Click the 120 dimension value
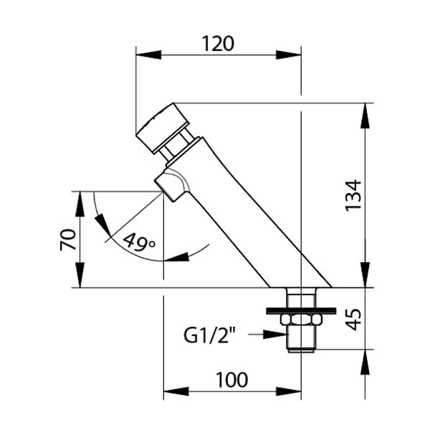point(218,44)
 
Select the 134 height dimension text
point(353,195)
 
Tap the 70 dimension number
point(68,239)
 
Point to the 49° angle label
point(139,242)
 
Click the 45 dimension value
point(353,319)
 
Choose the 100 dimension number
point(232,380)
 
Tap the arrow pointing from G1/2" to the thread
point(267,334)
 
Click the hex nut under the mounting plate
point(301,320)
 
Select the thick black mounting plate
point(301,311)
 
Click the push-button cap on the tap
point(163,127)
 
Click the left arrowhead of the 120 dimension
point(148,54)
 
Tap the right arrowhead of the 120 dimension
point(289,54)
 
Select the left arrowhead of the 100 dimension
point(176,391)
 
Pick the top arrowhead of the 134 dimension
point(365,115)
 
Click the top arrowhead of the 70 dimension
point(80,204)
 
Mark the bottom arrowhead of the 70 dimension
point(80,275)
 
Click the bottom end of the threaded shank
point(301,350)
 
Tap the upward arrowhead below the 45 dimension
point(365,362)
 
